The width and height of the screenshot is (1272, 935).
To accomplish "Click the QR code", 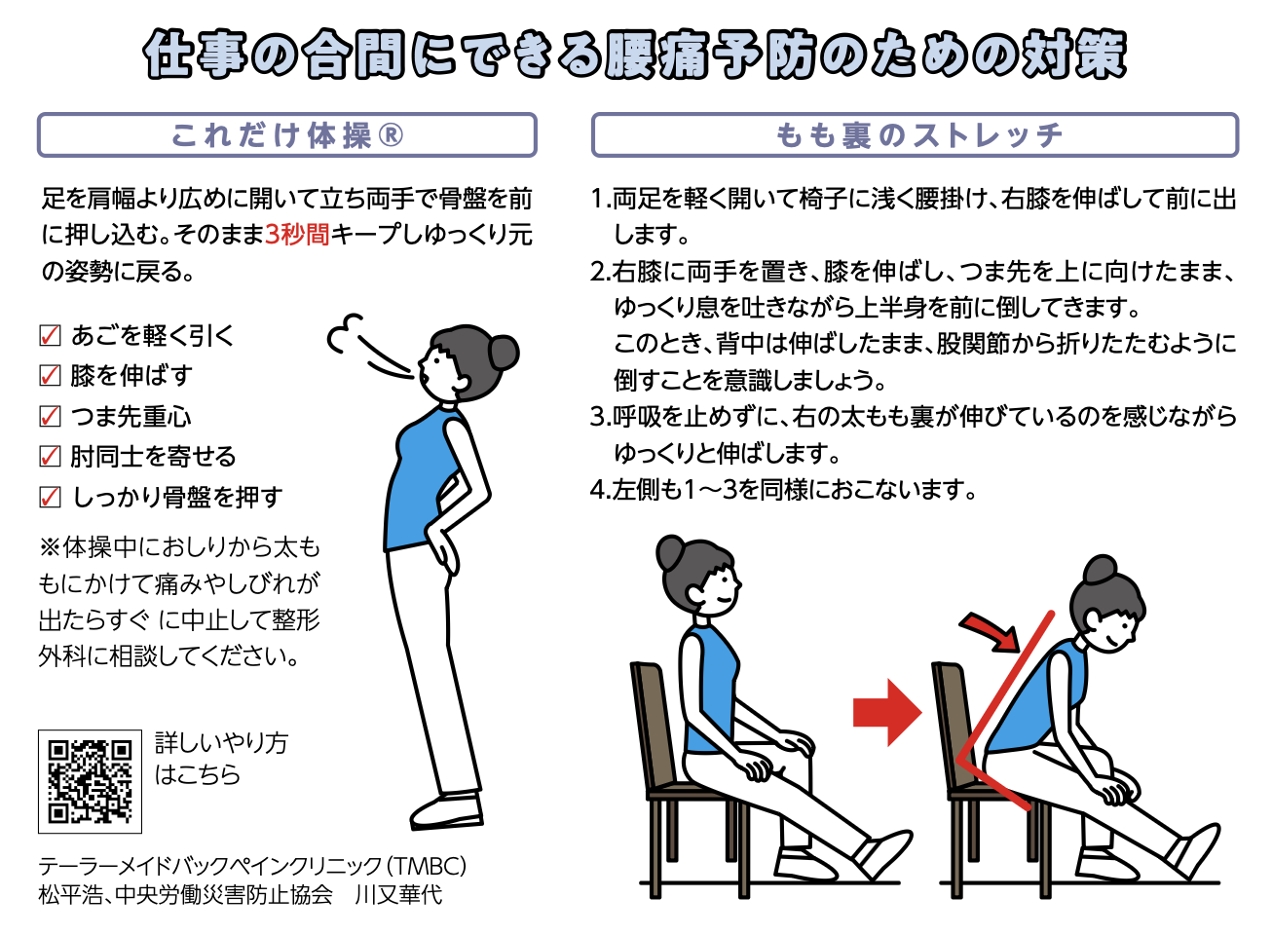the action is (90, 781).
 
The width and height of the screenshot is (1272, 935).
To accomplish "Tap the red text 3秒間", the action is (297, 235).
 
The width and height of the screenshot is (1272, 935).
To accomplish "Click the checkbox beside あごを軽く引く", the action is (50, 335).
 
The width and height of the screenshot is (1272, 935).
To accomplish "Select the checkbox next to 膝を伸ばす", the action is (50, 376).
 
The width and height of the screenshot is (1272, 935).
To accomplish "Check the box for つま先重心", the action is (50, 416).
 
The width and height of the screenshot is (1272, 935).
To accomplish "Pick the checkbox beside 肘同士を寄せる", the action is (50, 457).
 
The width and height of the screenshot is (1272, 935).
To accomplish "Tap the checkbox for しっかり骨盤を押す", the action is (50, 498).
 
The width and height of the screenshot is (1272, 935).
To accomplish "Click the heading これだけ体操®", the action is (287, 135).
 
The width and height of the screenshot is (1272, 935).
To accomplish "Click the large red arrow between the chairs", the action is (887, 713).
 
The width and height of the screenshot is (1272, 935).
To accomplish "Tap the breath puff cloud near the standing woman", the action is (343, 335).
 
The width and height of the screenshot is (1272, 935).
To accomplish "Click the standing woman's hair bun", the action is (504, 353).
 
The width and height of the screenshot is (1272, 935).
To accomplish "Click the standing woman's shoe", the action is (446, 813).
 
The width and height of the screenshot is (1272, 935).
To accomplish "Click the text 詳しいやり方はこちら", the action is (221, 759).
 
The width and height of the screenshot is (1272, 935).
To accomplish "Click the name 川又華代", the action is (398, 896).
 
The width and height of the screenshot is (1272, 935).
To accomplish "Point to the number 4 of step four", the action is (597, 489).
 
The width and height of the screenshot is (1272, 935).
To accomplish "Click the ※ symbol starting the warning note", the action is (50, 547).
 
